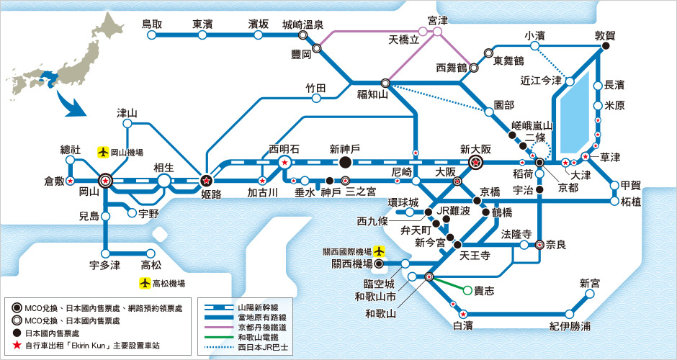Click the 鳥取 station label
click(153, 24)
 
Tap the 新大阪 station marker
click(475, 163)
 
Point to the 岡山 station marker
click(106, 181)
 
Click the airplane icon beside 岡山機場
click(104, 153)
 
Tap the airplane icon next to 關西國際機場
click(379, 251)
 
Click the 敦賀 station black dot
click(606, 48)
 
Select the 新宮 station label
click(590, 283)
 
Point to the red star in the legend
click(16, 345)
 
